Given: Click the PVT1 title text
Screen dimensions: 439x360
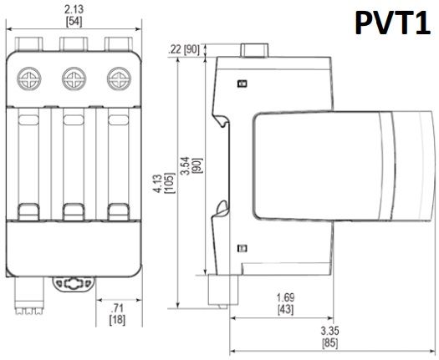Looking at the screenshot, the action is tap(392, 23).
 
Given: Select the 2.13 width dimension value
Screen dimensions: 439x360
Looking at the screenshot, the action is tap(74, 9).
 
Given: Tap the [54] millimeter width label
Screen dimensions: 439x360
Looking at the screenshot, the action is tap(74, 22).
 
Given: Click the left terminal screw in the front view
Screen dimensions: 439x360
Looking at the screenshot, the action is tap(28, 79).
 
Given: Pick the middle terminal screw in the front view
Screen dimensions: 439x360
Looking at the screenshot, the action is tap(74, 79).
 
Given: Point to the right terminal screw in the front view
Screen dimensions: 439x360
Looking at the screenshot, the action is tap(119, 79).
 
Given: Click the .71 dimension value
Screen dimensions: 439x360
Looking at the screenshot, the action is tap(117, 308).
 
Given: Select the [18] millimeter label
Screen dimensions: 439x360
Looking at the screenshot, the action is tap(117, 320).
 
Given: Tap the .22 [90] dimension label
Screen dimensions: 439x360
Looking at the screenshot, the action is tap(183, 50).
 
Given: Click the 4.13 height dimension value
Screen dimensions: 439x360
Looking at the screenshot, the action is tap(158, 183).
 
